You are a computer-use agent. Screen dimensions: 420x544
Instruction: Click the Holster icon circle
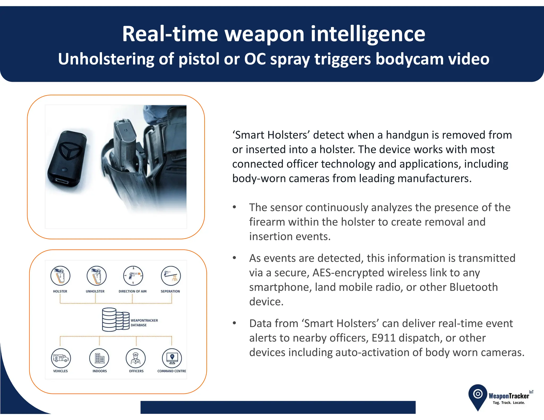click(60, 276)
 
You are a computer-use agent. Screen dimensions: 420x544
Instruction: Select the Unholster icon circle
click(96, 276)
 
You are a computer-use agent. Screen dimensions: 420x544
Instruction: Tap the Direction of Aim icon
click(133, 276)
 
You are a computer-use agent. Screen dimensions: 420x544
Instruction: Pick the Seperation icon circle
click(171, 276)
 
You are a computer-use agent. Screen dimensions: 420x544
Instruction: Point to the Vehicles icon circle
click(61, 358)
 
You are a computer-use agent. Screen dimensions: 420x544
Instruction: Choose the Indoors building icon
click(99, 358)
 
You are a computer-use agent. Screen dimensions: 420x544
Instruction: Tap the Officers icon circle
click(136, 358)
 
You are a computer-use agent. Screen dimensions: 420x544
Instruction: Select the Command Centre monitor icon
click(172, 358)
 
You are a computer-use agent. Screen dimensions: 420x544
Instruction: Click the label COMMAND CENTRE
click(172, 371)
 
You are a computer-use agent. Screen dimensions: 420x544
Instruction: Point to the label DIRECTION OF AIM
click(133, 291)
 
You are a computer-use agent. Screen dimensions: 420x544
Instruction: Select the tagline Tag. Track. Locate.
click(509, 403)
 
